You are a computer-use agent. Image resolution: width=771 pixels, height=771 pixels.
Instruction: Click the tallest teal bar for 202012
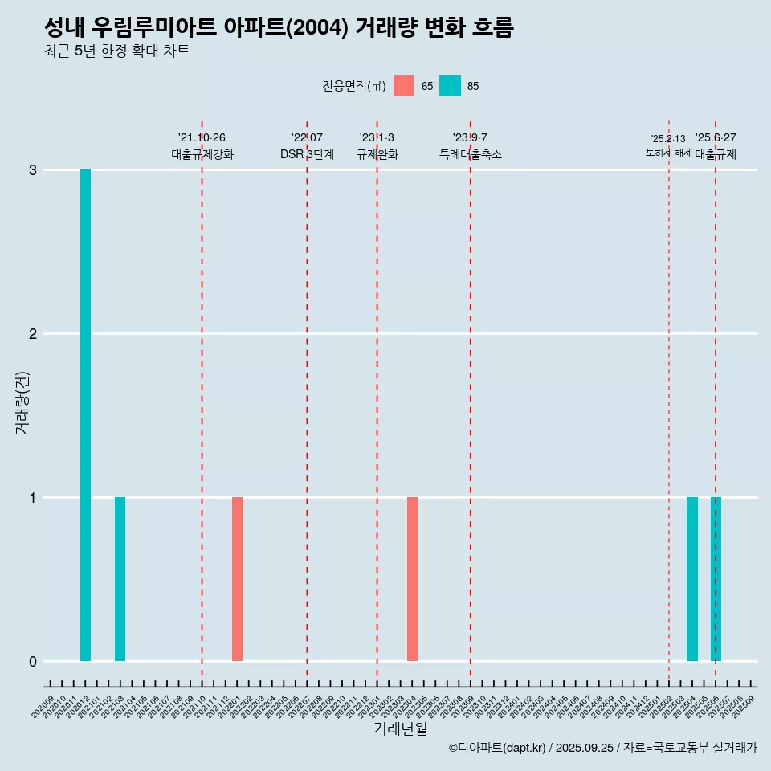click(x=85, y=415)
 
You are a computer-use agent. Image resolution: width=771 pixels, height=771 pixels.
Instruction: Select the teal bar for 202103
click(x=120, y=579)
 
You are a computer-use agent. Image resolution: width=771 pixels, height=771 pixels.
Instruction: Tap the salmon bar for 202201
click(x=237, y=579)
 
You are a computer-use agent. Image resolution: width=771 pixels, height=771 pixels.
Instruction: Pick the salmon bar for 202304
click(x=412, y=579)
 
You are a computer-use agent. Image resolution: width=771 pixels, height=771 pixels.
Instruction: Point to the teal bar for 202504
click(x=692, y=579)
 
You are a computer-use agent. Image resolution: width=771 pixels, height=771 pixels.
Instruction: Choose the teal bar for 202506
click(x=716, y=579)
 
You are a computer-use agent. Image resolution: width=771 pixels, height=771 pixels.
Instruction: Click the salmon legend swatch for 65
click(x=404, y=86)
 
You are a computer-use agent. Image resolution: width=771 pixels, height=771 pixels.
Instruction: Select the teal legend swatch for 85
click(x=451, y=86)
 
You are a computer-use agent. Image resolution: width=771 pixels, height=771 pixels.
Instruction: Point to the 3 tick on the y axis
click(x=33, y=170)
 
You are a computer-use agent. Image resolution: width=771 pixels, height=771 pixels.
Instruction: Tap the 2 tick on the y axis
click(x=33, y=334)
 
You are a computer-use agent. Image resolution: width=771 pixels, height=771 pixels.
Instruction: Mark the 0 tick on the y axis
click(x=33, y=662)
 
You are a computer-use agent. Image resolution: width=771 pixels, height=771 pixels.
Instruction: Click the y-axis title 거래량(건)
click(x=22, y=402)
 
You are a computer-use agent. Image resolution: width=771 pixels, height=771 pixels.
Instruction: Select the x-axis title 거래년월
click(x=400, y=729)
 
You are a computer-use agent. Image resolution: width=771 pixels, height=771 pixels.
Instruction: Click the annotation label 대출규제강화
click(x=202, y=154)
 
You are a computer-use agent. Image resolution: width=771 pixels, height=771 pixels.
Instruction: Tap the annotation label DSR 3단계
click(x=307, y=154)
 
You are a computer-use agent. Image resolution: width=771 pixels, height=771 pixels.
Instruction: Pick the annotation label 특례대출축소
click(x=471, y=154)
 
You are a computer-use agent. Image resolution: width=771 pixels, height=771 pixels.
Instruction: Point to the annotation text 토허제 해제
click(x=668, y=153)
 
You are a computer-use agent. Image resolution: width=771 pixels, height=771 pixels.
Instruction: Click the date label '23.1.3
click(x=377, y=138)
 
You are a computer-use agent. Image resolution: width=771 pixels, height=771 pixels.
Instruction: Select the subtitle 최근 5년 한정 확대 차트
click(x=117, y=51)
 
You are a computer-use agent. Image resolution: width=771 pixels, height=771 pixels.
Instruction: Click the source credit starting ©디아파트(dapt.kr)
click(x=602, y=748)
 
